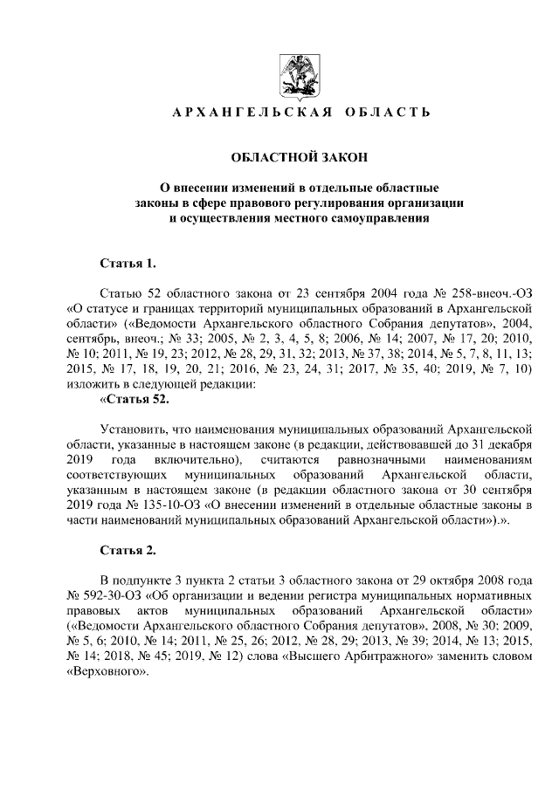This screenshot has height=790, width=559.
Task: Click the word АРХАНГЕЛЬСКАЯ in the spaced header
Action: (x=250, y=113)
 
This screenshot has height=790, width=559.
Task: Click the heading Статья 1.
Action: (x=128, y=262)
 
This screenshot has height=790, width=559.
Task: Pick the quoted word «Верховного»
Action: (x=107, y=675)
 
